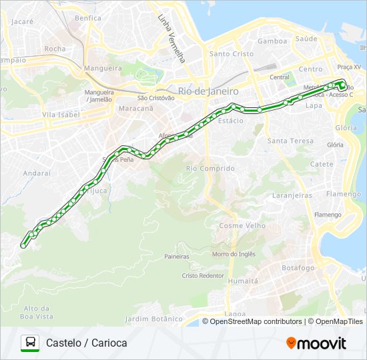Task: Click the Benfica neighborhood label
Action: [88, 18]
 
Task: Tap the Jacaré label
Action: [22, 21]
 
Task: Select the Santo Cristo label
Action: [231, 53]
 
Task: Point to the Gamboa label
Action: [272, 41]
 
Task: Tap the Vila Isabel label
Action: [61, 115]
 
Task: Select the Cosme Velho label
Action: [242, 225]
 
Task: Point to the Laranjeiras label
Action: [292, 195]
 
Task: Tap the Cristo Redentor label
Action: [202, 275]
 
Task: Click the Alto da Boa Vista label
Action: [37, 312]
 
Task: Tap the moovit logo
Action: [316, 343]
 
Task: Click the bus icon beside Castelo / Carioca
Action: [30, 343]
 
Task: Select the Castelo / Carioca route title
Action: [87, 343]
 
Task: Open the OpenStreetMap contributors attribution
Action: [256, 321]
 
